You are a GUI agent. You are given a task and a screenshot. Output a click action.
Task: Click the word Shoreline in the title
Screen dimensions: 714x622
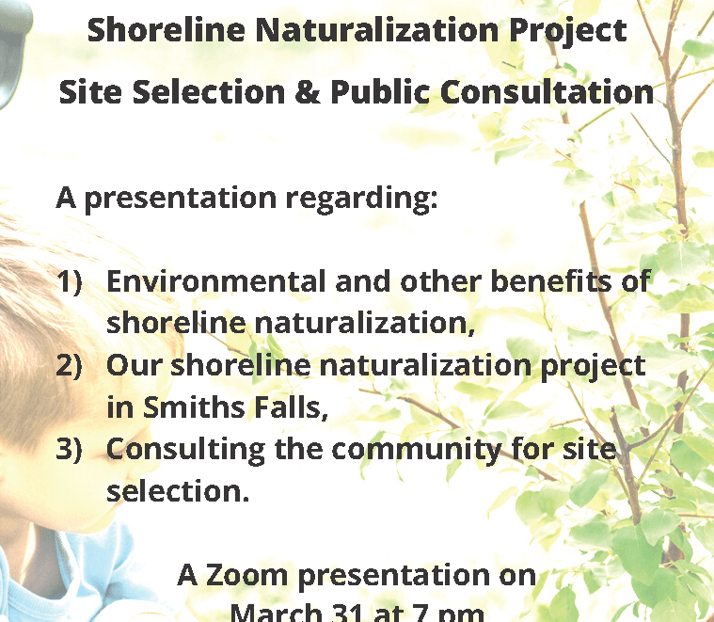(167, 30)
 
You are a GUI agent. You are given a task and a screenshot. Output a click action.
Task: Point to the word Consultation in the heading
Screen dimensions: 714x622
(547, 91)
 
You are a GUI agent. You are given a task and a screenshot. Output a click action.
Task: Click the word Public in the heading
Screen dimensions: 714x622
(380, 91)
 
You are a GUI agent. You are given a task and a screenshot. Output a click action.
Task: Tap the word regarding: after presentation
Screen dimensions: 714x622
(361, 199)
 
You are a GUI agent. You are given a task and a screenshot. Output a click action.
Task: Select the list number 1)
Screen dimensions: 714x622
(70, 281)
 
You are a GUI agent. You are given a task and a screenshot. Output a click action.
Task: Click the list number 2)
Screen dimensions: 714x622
(70, 365)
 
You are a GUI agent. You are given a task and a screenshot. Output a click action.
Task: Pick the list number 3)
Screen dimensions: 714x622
(70, 449)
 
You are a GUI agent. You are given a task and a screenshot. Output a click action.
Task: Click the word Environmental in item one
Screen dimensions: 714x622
(215, 281)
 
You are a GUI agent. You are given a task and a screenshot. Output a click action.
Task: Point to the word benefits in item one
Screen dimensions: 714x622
(551, 280)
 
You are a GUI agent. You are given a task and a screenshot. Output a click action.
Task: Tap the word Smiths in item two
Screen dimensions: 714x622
(194, 407)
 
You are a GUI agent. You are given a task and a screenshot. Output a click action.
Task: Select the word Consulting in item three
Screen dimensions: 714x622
(185, 450)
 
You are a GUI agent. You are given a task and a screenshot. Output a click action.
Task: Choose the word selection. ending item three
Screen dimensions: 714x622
(178, 491)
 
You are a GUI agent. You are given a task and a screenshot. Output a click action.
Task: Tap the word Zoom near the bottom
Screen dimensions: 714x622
(247, 575)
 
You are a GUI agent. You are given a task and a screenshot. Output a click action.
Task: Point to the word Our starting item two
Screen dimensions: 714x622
(135, 365)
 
